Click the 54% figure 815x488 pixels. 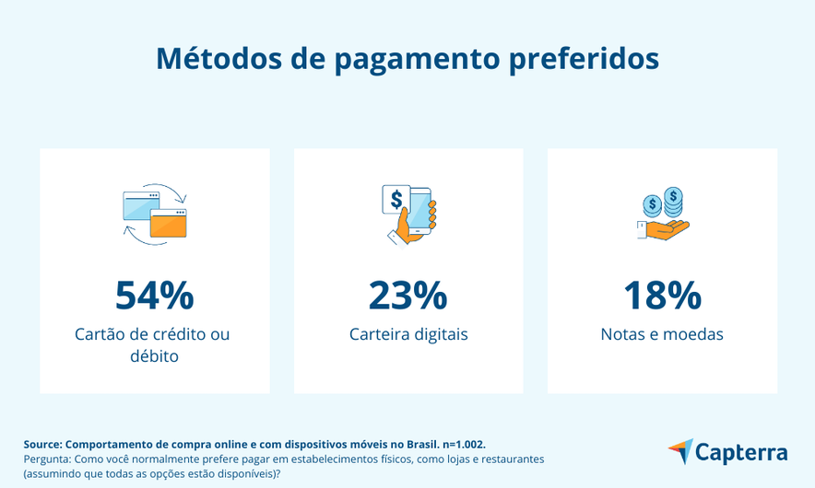coord(154,296)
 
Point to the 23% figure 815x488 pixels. coord(407,296)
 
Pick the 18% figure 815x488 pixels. coord(662,296)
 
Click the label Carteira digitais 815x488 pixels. coord(408,334)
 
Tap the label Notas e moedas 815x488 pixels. coord(662,334)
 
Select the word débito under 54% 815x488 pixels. coord(154,356)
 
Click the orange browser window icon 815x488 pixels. coord(168,224)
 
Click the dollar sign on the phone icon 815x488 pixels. coord(397,199)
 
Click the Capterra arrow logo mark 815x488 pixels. coord(679,451)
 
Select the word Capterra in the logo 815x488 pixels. coord(741,453)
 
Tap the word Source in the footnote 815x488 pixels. coord(42,444)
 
